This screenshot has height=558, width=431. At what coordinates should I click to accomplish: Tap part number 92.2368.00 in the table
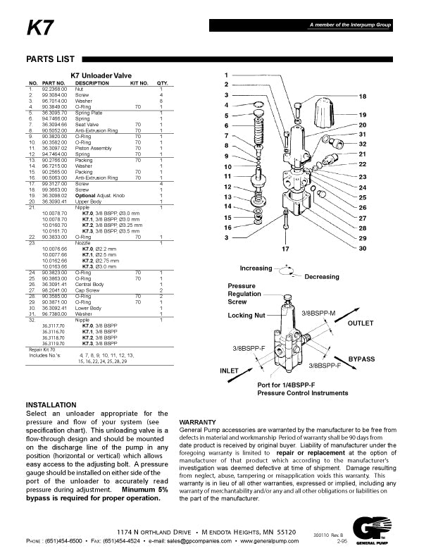[54, 89]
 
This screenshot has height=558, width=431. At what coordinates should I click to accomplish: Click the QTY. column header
[161, 84]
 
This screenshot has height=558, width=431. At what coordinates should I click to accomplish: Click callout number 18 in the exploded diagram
[363, 96]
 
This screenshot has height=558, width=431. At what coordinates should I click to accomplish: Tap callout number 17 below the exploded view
[285, 249]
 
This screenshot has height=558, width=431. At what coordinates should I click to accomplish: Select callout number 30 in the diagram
[363, 249]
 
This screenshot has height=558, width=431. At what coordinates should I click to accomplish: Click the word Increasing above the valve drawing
[255, 268]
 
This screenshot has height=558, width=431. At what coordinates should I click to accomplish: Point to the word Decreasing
[321, 277]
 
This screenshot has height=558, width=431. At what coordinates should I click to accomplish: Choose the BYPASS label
[361, 359]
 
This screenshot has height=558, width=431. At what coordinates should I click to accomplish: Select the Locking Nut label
[246, 315]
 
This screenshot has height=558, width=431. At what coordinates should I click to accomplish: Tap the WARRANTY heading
[198, 421]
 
